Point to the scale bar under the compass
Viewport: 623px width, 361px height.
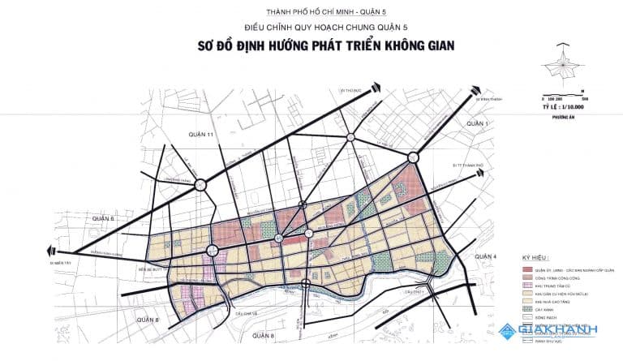pos(566,97)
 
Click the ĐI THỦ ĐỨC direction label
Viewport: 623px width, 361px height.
pos(349,91)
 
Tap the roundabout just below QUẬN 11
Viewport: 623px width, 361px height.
pos(200,184)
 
